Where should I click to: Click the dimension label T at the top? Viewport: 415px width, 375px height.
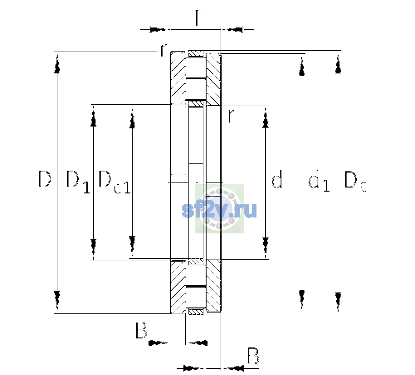point(197,18)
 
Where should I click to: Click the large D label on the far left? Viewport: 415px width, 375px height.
point(45,179)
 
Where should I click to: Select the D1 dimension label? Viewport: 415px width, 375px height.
point(78,182)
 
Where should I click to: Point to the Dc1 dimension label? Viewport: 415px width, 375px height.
point(115,182)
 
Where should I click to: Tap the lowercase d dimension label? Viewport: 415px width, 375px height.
point(276,179)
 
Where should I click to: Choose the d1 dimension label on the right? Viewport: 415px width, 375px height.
point(319,181)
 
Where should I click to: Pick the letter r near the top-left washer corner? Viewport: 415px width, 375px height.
point(163,50)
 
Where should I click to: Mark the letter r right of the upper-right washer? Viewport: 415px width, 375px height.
point(231,116)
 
